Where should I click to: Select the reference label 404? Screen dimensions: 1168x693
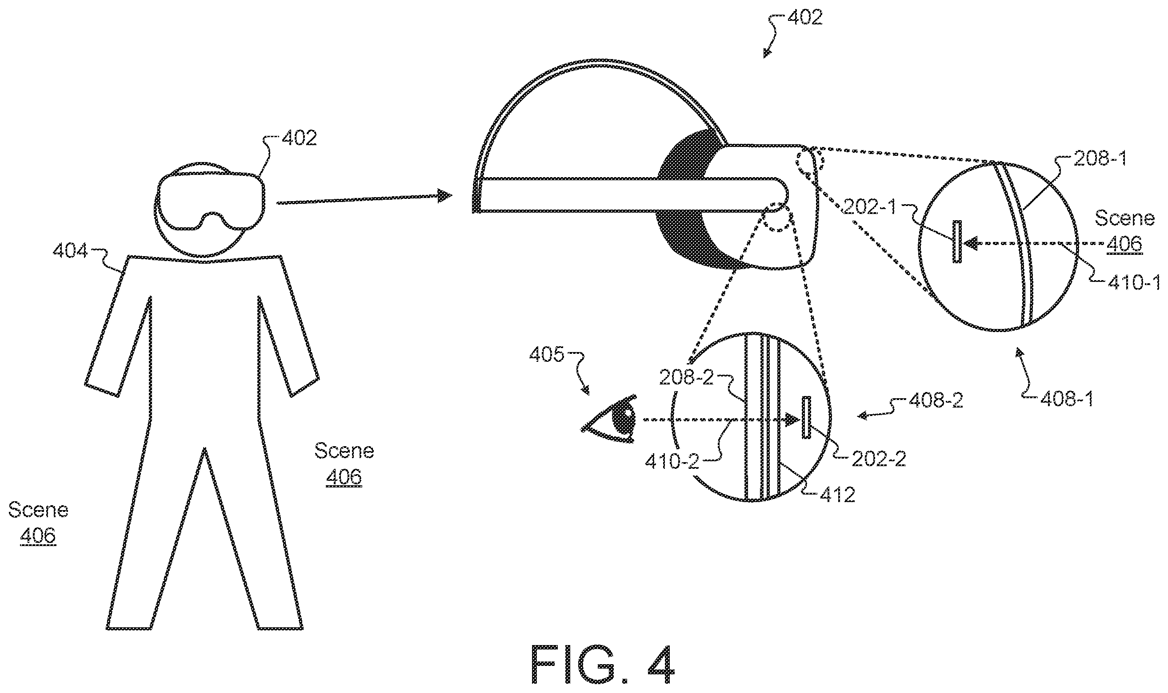click(x=70, y=252)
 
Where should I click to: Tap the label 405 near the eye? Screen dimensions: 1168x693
click(x=546, y=354)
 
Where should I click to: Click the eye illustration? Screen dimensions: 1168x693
click(x=608, y=419)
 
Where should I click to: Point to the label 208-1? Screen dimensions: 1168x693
click(x=1100, y=159)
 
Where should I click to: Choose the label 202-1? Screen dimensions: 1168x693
click(x=869, y=207)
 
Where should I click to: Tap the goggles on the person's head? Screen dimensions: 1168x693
click(x=211, y=202)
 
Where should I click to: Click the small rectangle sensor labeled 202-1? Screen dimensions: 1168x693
click(x=957, y=242)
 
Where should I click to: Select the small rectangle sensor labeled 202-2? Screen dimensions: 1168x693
click(x=806, y=417)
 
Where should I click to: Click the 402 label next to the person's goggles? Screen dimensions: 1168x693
click(x=300, y=138)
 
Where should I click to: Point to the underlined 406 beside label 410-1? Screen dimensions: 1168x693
click(x=1124, y=244)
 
